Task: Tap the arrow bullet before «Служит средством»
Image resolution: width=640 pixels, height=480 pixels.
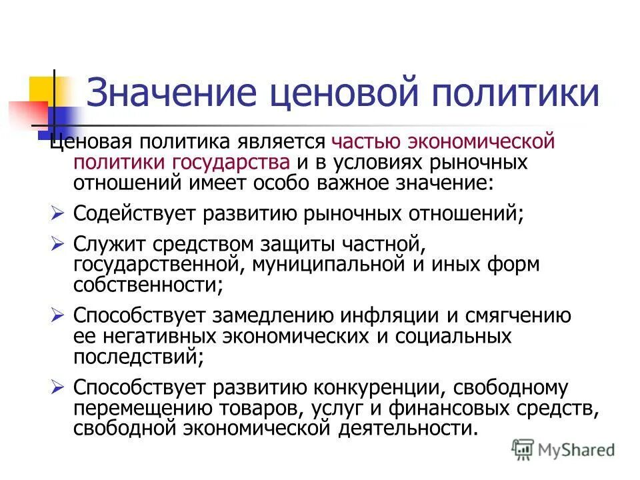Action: pyautogui.click(x=57, y=245)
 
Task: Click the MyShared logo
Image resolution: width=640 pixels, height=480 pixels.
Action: pyautogui.click(x=563, y=449)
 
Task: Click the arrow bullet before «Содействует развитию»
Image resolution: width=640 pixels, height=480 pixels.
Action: pyautogui.click(x=57, y=213)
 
